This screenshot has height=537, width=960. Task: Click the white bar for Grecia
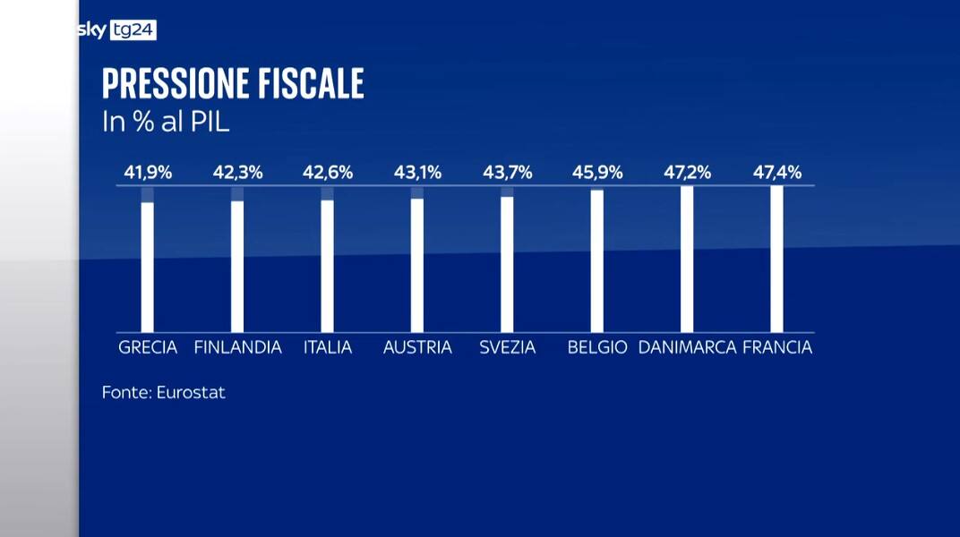148,267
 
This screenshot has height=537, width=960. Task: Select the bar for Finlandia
237,266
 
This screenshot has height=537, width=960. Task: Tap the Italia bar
328,265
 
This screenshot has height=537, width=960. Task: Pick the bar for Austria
417,264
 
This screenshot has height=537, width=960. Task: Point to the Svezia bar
507,263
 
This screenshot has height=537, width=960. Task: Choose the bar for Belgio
597,260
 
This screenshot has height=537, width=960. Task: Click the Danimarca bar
687,259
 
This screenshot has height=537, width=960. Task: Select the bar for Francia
776,259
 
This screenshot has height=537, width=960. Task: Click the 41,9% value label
148,173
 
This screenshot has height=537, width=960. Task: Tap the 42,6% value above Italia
328,173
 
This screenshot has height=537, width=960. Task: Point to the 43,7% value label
507,173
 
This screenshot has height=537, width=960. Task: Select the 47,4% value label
776,173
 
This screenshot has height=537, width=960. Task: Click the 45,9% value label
597,173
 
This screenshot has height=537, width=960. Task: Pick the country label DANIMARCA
687,347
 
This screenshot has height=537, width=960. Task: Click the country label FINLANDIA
237,347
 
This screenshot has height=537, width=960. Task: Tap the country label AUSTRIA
417,347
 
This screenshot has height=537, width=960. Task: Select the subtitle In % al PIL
166,123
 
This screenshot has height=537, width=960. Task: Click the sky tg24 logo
117,30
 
